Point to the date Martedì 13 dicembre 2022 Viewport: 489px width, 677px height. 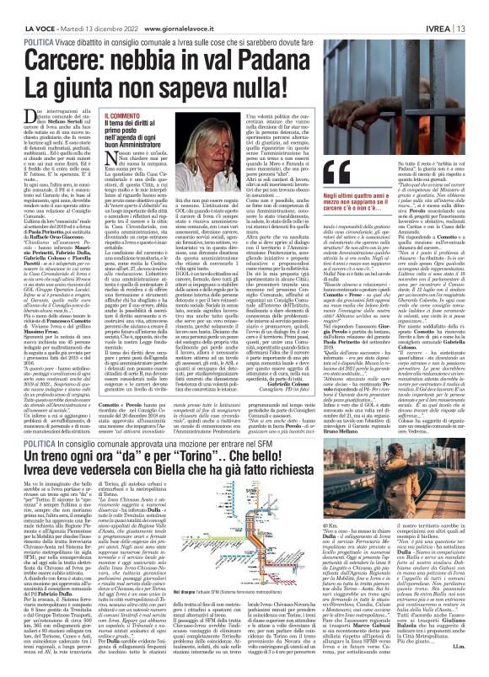point(88,7)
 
